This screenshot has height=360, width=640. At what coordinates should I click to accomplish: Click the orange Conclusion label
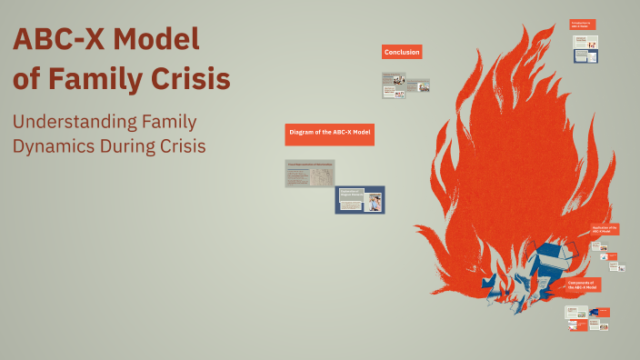[x=402, y=53]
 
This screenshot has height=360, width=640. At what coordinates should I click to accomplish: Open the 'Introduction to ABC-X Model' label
[x=582, y=25]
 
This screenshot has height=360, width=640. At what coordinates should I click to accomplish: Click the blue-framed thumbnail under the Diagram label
[x=359, y=199]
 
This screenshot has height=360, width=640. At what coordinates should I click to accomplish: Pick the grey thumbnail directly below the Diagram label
[x=309, y=173]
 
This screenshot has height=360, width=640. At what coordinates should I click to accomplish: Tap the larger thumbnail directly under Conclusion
[x=394, y=85]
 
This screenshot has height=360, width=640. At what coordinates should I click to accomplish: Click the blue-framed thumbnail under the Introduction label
[x=585, y=55]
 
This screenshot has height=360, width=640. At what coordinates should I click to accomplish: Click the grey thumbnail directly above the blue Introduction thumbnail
[x=585, y=40]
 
